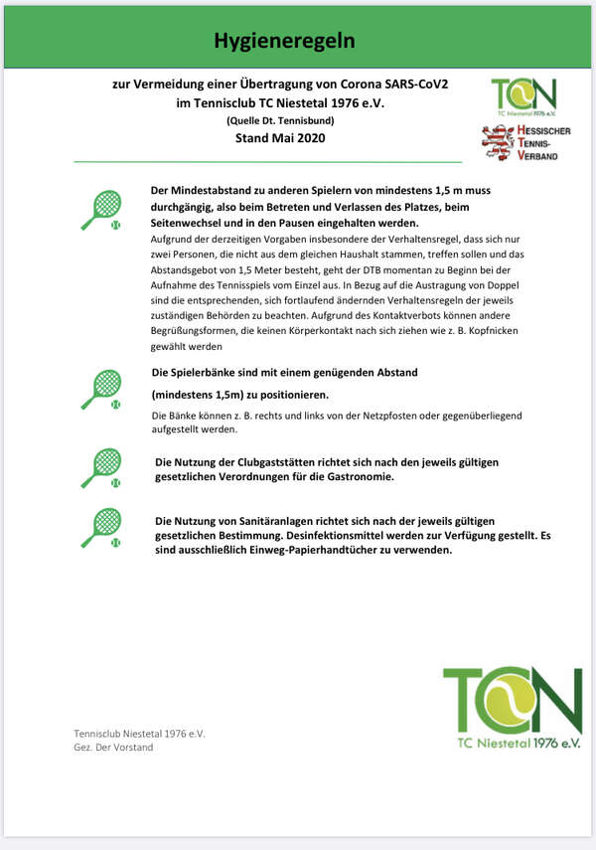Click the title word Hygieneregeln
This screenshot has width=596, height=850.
[x=284, y=41]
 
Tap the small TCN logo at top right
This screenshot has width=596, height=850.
[x=524, y=96]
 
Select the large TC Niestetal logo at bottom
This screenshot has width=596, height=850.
[x=512, y=707]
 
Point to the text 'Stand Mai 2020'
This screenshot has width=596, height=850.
[x=279, y=137]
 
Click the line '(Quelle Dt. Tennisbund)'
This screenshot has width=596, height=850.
[x=280, y=120]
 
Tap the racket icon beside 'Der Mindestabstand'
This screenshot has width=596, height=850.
[x=100, y=210]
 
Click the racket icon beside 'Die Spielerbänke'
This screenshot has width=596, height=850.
[x=100, y=389]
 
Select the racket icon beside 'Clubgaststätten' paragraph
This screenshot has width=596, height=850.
[x=100, y=466]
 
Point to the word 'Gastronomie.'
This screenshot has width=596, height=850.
[x=352, y=476]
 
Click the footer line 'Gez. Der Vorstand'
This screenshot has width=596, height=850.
[x=113, y=747]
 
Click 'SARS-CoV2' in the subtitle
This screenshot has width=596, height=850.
[x=416, y=85]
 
